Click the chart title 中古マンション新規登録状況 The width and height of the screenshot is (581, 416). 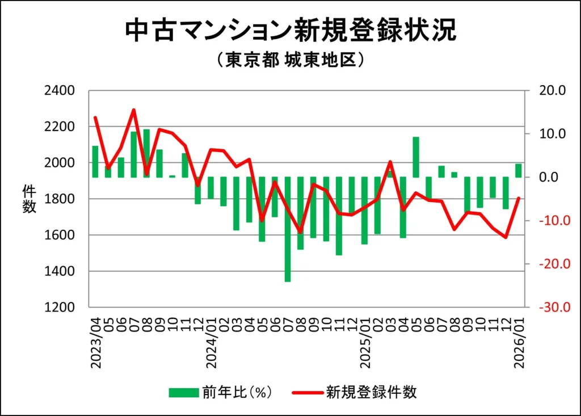coord(290,31)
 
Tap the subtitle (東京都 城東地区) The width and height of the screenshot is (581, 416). coord(290,61)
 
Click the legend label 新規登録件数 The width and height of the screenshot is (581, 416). coord(371,392)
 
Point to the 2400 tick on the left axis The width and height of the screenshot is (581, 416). coord(60,90)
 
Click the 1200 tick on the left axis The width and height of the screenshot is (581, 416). coord(60,308)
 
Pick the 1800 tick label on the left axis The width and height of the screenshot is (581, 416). coord(60,199)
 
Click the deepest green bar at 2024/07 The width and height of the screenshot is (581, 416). coord(288,229)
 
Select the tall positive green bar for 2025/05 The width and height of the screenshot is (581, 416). coord(416,157)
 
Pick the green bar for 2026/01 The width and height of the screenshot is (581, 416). coord(519,170)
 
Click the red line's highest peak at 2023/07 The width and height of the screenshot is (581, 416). coord(134,110)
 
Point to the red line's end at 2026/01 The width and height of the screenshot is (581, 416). coord(519,198)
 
